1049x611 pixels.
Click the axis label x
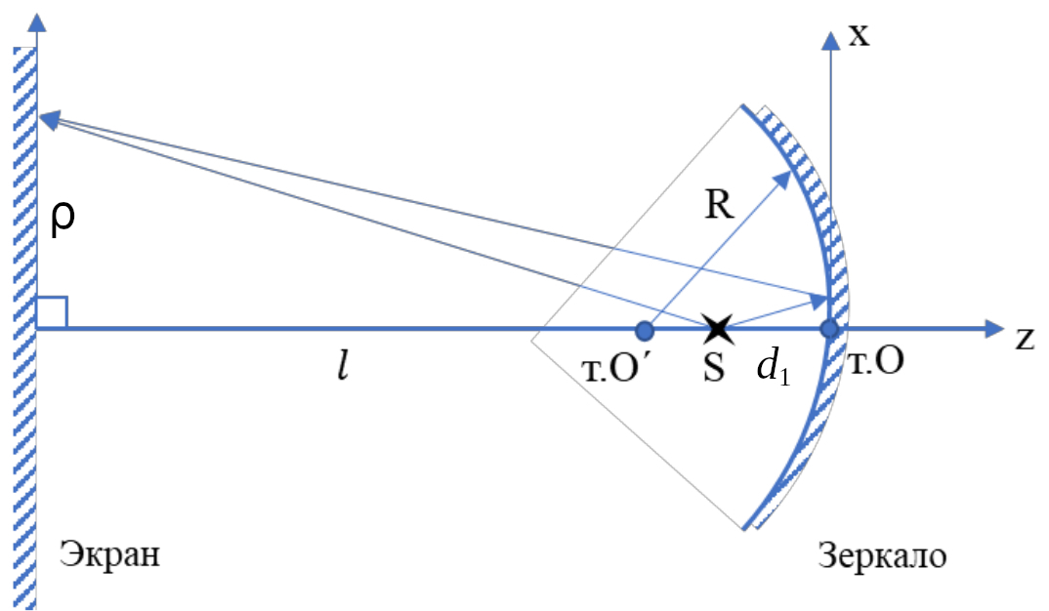pyautogui.click(x=859, y=36)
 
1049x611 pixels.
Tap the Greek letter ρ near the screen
pyautogui.click(x=63, y=224)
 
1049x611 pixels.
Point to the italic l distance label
pyautogui.click(x=343, y=370)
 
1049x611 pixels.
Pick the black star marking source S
pyautogui.click(x=718, y=328)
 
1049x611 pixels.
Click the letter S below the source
pyautogui.click(x=715, y=370)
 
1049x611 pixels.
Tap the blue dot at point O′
pyautogui.click(x=644, y=329)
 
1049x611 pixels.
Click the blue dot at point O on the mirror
pyautogui.click(x=829, y=329)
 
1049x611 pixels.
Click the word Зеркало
pyautogui.click(x=882, y=556)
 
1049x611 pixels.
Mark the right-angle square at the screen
pyautogui.click(x=52, y=312)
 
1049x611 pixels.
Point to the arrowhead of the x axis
pyautogui.click(x=830, y=40)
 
